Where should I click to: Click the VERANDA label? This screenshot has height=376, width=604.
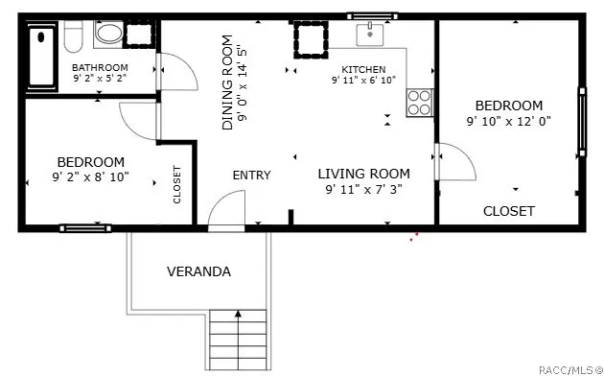(x=198, y=271)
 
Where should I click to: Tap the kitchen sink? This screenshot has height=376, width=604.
(x=370, y=35)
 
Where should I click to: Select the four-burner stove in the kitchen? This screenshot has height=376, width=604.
(x=420, y=103)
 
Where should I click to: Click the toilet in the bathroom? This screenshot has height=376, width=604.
(x=73, y=36)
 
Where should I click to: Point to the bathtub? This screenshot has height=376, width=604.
(x=41, y=56)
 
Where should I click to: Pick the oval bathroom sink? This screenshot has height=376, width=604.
(x=109, y=34)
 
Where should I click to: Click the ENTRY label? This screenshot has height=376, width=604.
(x=251, y=176)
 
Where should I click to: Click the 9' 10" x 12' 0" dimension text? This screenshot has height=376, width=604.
(x=508, y=122)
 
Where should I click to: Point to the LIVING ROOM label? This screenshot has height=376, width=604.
(x=363, y=174)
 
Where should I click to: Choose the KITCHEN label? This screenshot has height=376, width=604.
(x=363, y=70)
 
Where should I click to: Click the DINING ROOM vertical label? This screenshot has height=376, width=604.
(x=227, y=82)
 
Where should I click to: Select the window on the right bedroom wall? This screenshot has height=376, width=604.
(x=582, y=122)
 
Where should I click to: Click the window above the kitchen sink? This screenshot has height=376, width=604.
(x=372, y=16)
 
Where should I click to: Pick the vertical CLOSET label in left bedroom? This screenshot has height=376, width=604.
(x=176, y=184)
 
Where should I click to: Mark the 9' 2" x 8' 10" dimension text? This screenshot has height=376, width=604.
(x=90, y=177)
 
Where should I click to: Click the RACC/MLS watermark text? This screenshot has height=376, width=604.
(x=570, y=370)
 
